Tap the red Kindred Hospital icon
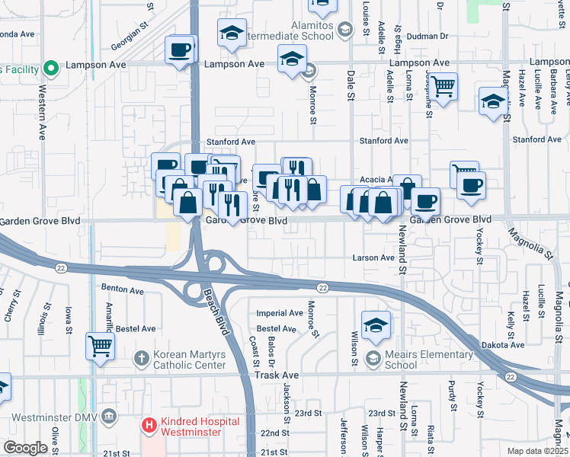tap(150, 424)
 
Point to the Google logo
tap(24, 448)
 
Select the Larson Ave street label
tap(373, 257)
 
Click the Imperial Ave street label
tap(279, 313)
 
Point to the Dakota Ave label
tap(504, 345)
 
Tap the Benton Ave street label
tap(122, 291)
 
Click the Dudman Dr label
tap(427, 36)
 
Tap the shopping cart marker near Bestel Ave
tap(100, 345)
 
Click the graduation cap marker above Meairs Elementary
tap(376, 324)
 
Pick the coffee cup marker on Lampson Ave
tap(181, 50)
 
